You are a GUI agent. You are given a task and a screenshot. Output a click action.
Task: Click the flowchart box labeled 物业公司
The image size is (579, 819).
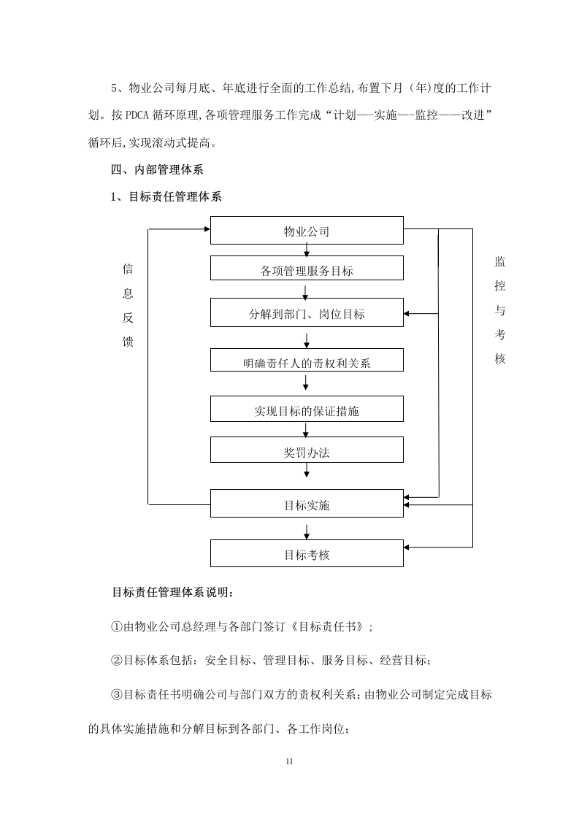307,230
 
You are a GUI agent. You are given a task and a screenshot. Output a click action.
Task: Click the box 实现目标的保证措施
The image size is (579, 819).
307,409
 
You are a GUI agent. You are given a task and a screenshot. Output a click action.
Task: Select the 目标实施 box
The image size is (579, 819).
307,504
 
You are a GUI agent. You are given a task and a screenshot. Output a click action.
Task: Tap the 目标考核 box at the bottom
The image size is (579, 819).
307,553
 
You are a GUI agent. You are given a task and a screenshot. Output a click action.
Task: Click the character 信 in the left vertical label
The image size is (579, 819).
128,269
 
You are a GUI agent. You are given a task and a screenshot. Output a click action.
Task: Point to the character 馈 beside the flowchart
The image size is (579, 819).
128,342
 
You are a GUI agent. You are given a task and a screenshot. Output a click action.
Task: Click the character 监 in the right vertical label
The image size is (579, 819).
499,263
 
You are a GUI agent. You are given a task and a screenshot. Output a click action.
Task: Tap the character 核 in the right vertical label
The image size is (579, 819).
499,359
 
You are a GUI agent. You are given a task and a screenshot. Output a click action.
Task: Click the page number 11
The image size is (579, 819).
289,762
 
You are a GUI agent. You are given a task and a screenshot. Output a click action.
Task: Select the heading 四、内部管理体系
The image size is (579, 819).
157,170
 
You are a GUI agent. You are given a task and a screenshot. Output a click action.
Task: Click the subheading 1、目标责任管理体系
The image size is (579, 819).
165,196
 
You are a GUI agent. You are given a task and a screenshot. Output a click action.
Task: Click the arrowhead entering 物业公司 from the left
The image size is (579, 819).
207,229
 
